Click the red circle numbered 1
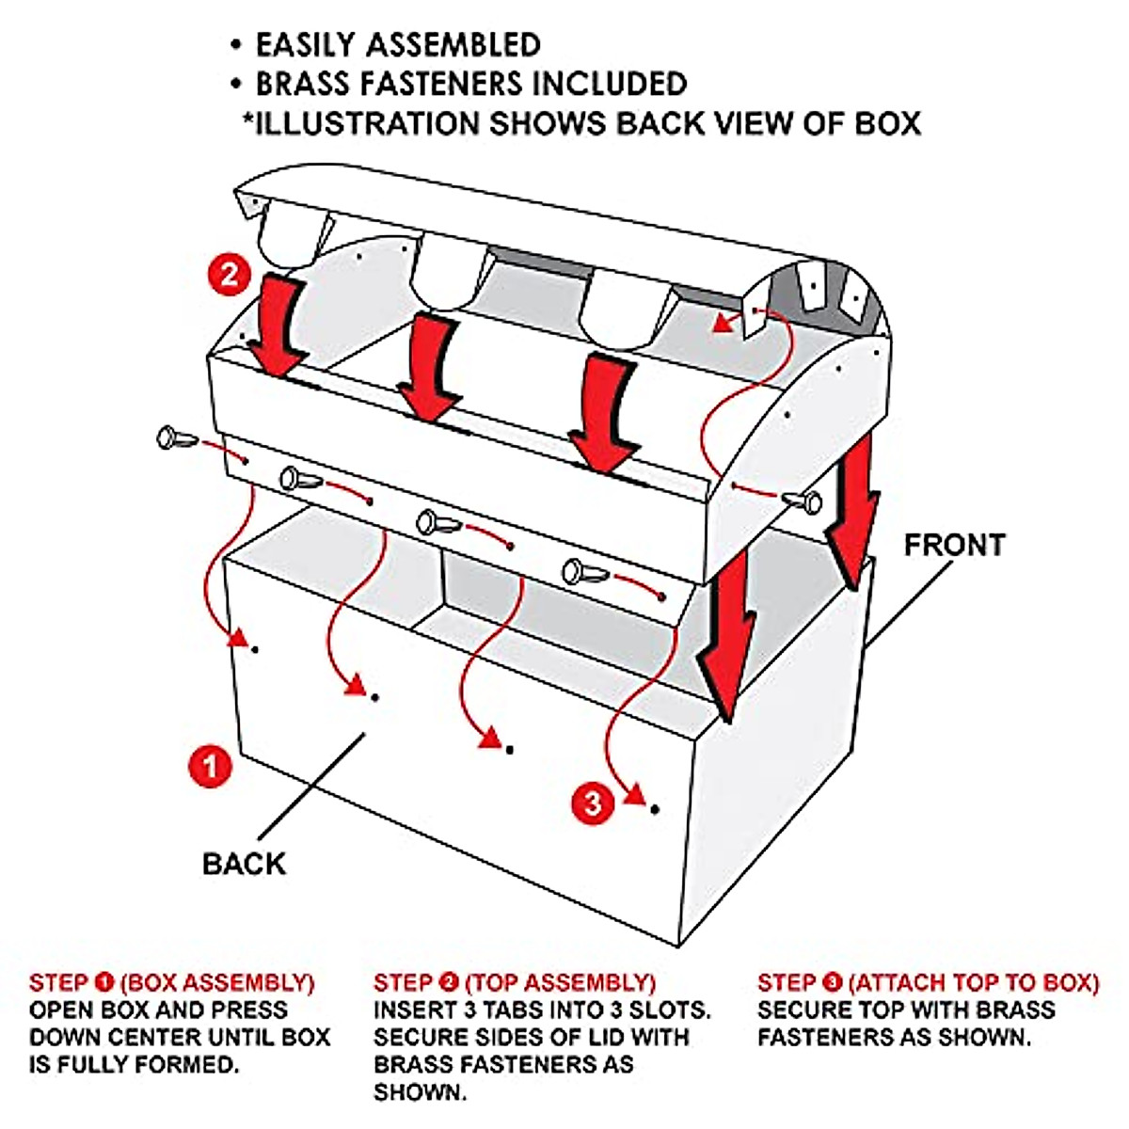pyautogui.click(x=210, y=766)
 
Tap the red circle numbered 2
pyautogui.click(x=230, y=276)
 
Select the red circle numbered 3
pyautogui.click(x=593, y=803)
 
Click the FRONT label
pyautogui.click(x=954, y=545)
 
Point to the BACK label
pyautogui.click(x=244, y=864)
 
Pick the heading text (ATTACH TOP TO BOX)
pyautogui.click(x=973, y=983)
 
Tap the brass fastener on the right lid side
pyautogui.click(x=804, y=501)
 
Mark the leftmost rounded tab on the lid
pyautogui.click(x=292, y=235)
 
